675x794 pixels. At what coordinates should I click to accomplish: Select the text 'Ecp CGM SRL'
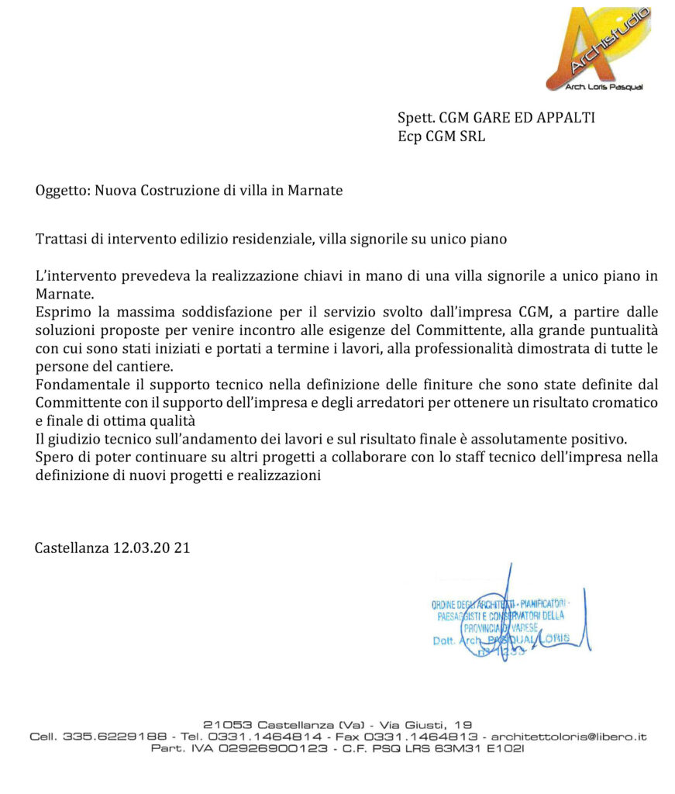(x=441, y=137)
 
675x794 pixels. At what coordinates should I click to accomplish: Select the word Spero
(x=53, y=457)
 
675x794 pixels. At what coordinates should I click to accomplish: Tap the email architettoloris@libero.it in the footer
(x=569, y=737)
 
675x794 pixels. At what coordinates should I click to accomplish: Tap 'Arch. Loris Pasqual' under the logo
(x=594, y=86)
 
